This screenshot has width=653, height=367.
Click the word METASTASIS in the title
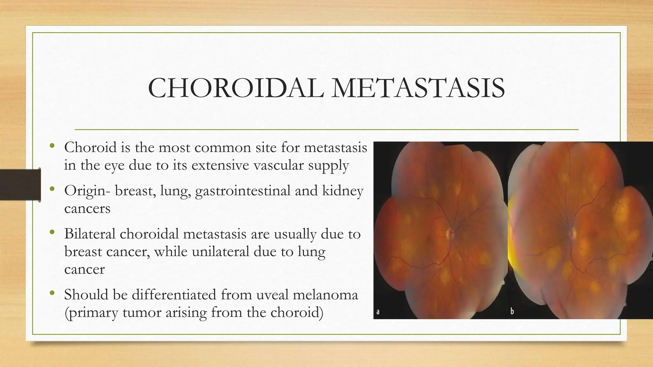tap(418, 88)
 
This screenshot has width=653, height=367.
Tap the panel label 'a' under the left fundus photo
tap(378, 312)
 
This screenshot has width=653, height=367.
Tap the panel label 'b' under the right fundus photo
tap(512, 311)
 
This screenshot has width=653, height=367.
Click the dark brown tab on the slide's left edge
tap(20, 185)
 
